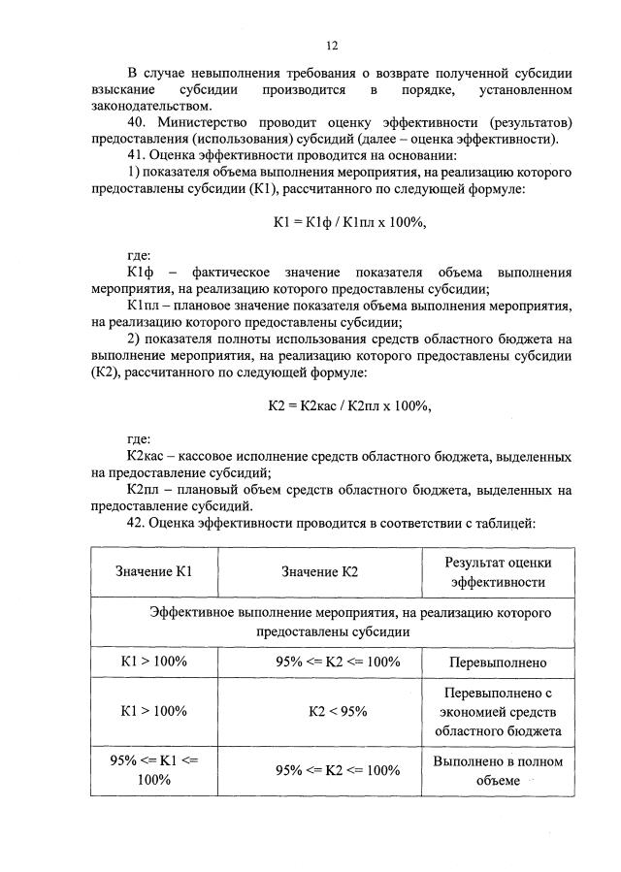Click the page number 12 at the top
(x=331, y=46)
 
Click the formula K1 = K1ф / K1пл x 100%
(x=349, y=222)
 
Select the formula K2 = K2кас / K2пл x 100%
(x=349, y=406)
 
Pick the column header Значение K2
(x=320, y=572)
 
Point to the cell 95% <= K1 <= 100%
(x=153, y=770)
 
